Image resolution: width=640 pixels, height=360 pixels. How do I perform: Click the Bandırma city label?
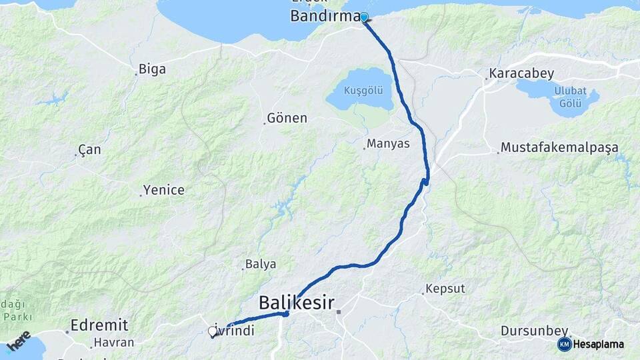[x=325, y=17]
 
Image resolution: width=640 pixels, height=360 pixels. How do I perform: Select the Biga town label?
[x=152, y=69]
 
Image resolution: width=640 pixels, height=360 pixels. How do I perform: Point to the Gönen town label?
[x=287, y=118]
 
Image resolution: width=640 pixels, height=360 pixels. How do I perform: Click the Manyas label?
[x=388, y=144]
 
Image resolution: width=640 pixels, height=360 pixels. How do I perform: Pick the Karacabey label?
[x=521, y=73]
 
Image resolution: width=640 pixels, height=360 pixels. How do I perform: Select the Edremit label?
[x=101, y=325]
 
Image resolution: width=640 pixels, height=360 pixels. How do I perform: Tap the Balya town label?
[x=261, y=264]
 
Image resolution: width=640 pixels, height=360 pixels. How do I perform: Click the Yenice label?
[x=165, y=190]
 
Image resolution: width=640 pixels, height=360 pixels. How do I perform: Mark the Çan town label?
[x=89, y=150]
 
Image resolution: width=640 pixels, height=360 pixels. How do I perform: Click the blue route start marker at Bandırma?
[x=364, y=17]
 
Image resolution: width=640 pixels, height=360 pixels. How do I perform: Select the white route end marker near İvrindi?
[x=213, y=331]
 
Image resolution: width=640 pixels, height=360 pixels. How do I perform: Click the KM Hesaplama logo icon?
[x=565, y=344]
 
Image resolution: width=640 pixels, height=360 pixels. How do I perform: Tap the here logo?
[x=19, y=340]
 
